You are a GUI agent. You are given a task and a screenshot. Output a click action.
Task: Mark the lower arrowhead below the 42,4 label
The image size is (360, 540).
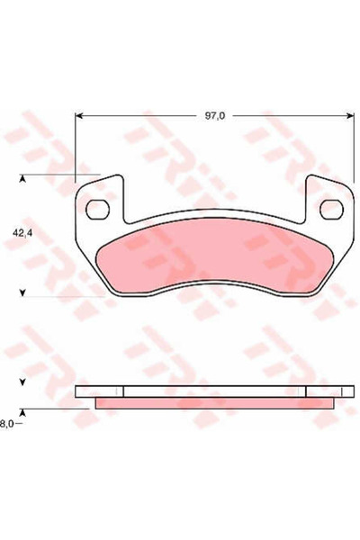(24, 291)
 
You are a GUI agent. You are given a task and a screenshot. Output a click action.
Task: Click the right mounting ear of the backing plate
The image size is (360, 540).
(329, 198)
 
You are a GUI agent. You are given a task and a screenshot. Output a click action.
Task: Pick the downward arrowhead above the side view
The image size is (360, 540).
(24, 381)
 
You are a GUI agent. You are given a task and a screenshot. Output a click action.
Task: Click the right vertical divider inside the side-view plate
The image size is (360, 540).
(306, 391)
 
